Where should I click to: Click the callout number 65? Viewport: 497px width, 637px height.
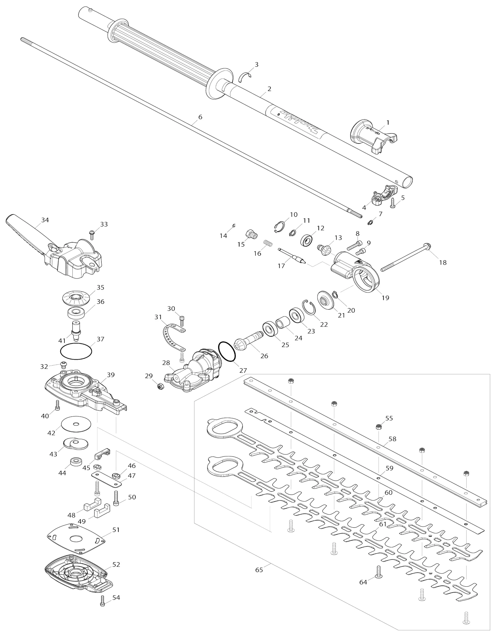coord(259,570)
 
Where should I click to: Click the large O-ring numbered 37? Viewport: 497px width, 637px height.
coord(76,352)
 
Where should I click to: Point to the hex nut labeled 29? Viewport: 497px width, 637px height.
coord(161,387)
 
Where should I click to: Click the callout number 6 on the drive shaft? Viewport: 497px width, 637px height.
coord(200,117)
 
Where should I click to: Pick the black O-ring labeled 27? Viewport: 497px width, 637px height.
coord(227,352)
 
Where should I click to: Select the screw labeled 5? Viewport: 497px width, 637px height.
coord(393,203)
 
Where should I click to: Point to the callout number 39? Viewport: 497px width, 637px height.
coord(111,375)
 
